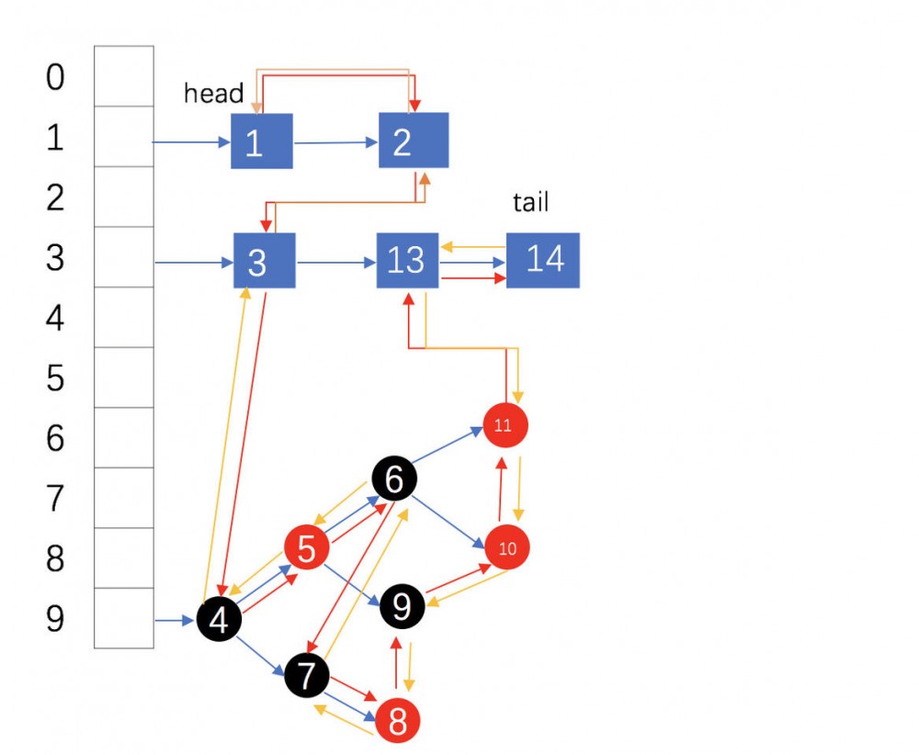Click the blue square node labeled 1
(x=261, y=141)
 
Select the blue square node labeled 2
(x=413, y=141)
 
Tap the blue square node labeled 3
(x=264, y=261)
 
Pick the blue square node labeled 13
(x=407, y=260)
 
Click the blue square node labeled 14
(x=543, y=260)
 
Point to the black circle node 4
(x=219, y=620)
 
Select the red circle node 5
(x=307, y=548)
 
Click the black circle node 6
(x=394, y=478)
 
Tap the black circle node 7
(x=307, y=676)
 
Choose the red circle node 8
(x=397, y=722)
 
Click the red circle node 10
(x=507, y=548)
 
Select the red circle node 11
(x=505, y=425)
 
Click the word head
(x=213, y=93)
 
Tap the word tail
(x=530, y=201)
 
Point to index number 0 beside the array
(x=56, y=77)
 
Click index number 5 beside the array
(x=56, y=378)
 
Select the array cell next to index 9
(x=124, y=619)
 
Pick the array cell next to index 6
(x=124, y=437)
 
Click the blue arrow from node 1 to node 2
(x=335, y=142)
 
